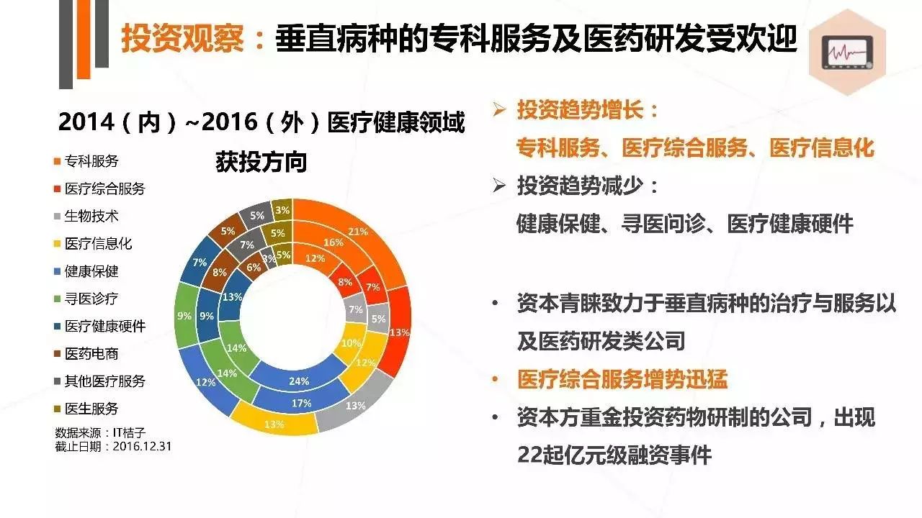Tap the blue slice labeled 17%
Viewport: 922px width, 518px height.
point(303,403)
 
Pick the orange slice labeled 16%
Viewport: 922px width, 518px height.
point(333,242)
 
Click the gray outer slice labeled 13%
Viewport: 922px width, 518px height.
point(354,406)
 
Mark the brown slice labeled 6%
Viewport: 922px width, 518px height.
point(254,267)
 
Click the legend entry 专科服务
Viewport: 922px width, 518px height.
point(91,160)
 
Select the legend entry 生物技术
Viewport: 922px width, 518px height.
point(91,216)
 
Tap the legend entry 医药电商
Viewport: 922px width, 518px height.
point(91,353)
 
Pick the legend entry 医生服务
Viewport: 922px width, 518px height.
point(91,409)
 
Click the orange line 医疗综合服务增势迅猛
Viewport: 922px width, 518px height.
point(623,379)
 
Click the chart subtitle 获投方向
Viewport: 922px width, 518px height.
point(261,163)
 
